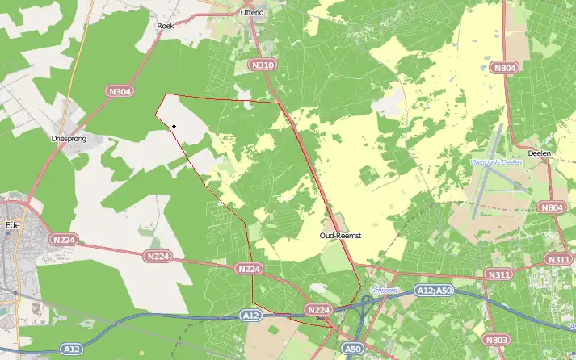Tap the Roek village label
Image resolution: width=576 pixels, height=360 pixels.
coord(165,26)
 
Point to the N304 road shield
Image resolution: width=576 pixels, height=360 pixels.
coord(120,92)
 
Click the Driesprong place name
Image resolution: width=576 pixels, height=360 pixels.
coord(69,138)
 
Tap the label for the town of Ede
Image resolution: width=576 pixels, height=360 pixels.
coord(12,203)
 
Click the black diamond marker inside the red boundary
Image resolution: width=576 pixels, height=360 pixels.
coord(174,126)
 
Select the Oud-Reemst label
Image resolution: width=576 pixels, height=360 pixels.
coord(338,235)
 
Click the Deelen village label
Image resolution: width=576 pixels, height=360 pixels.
coord(538,153)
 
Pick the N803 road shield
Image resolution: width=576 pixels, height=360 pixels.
coord(496,340)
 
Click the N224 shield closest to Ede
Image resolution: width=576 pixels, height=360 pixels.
coord(62,239)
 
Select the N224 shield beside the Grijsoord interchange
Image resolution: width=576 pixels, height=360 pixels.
coord(319,309)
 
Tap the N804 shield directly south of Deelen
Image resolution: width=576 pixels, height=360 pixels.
coord(553,207)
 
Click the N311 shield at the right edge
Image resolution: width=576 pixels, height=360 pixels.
coord(558,259)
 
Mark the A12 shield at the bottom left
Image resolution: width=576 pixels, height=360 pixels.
coord(72,350)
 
